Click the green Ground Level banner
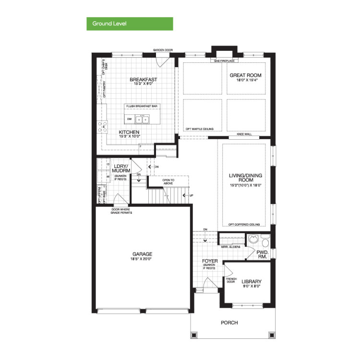pyautogui.click(x=130, y=24)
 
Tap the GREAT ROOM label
pyautogui.click(x=245, y=75)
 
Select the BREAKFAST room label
pyautogui.click(x=143, y=80)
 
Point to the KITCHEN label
pyautogui.click(x=129, y=132)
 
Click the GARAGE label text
pyautogui.click(x=143, y=254)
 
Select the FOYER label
pyautogui.click(x=210, y=262)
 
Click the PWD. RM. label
pyautogui.click(x=262, y=254)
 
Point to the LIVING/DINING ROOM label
pyautogui.click(x=244, y=179)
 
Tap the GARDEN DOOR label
pyautogui.click(x=163, y=50)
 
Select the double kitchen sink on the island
pyautogui.click(x=142, y=120)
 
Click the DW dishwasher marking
pyautogui.click(x=129, y=119)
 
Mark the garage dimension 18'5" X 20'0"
pyautogui.click(x=142, y=259)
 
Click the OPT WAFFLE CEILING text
pyautogui.click(x=200, y=129)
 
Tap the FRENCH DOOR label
pyautogui.click(x=231, y=280)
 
